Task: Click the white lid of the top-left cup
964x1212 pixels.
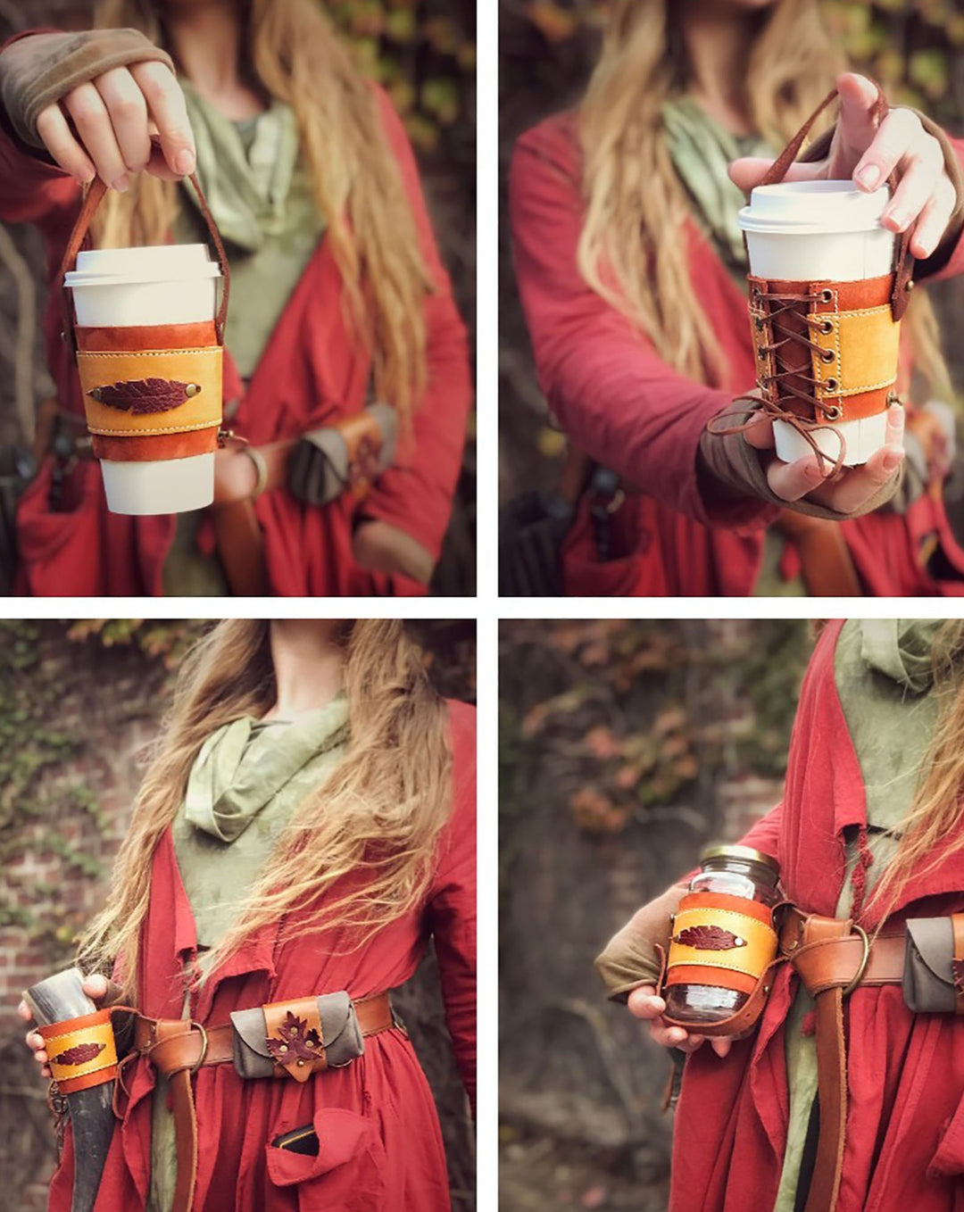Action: [x=143, y=265]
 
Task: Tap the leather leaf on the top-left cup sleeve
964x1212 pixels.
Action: [x=141, y=394]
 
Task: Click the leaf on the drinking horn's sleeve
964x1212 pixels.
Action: [x=78, y=1053]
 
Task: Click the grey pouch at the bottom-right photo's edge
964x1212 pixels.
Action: [x=932, y=964]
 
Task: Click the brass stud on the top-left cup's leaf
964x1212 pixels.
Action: [x=192, y=389]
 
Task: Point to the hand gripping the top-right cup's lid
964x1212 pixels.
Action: [x=893, y=161]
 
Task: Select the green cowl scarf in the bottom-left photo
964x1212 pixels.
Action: [x=259, y=768]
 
